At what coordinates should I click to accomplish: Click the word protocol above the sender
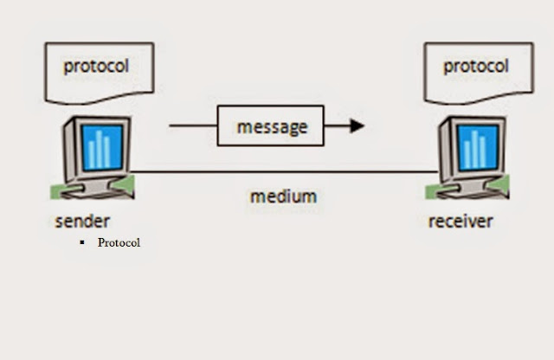pyautogui.click(x=96, y=67)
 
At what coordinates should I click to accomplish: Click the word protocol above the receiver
pyautogui.click(x=476, y=67)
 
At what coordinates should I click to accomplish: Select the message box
pyautogui.click(x=271, y=125)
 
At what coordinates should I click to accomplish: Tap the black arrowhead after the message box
pyautogui.click(x=357, y=125)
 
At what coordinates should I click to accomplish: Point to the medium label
pyautogui.click(x=283, y=196)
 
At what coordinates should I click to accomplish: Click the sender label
pyautogui.click(x=82, y=222)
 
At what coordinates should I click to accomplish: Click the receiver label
pyautogui.click(x=461, y=222)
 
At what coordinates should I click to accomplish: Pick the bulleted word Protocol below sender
pyautogui.click(x=119, y=242)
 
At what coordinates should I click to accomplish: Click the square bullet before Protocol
pyautogui.click(x=82, y=242)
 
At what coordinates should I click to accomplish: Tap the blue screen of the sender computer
pyautogui.click(x=102, y=147)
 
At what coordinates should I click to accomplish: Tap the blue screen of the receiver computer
pyautogui.click(x=477, y=147)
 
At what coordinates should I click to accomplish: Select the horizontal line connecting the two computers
pyautogui.click(x=285, y=172)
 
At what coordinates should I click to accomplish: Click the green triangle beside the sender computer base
pyautogui.click(x=125, y=185)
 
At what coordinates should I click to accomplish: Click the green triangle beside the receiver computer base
pyautogui.click(x=499, y=185)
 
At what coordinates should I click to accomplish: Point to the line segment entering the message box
pyautogui.click(x=193, y=125)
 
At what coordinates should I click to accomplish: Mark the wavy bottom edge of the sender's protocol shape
pyautogui.click(x=100, y=98)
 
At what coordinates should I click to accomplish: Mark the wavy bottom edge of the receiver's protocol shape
pyautogui.click(x=479, y=98)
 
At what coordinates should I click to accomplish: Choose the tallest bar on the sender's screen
pyautogui.click(x=100, y=149)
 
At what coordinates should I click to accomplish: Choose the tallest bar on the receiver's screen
pyautogui.click(x=475, y=149)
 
